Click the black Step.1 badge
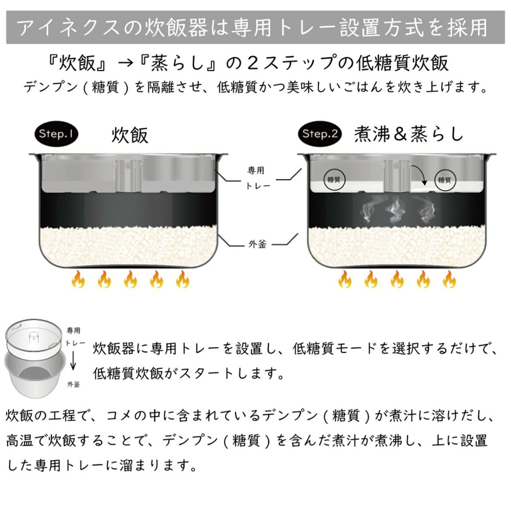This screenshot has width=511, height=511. pyautogui.click(x=56, y=134)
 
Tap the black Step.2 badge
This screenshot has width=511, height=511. pyautogui.click(x=320, y=134)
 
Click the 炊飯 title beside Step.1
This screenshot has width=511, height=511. pyautogui.click(x=130, y=135)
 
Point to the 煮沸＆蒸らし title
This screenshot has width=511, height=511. pyautogui.click(x=408, y=134)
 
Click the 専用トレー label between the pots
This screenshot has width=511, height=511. pyautogui.click(x=256, y=178)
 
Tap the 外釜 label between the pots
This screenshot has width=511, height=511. pyautogui.click(x=257, y=244)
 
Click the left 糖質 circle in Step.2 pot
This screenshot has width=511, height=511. pyautogui.click(x=334, y=180)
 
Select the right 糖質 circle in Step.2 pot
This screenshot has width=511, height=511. pyautogui.click(x=445, y=180)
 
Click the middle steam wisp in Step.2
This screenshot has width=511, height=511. pyautogui.click(x=396, y=210)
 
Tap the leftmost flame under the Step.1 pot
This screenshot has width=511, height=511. pyautogui.click(x=78, y=280)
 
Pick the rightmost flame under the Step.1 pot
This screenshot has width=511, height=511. pyautogui.click(x=183, y=280)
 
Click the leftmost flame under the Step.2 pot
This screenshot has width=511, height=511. pyautogui.click(x=344, y=280)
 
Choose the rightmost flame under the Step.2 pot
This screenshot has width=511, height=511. pyautogui.click(x=449, y=280)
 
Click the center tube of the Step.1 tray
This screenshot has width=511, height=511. pyautogui.click(x=129, y=174)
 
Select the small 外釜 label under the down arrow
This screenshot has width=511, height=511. pyautogui.click(x=73, y=384)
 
